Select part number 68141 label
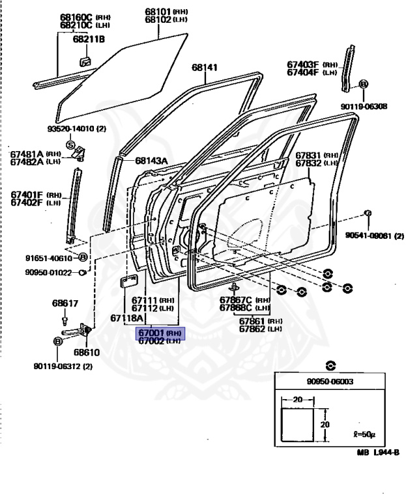tap(205, 68)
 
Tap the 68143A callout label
tap(152, 161)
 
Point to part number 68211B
tap(89, 39)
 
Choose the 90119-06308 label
tap(363, 106)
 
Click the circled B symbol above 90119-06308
tap(363, 84)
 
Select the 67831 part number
tap(308, 155)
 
